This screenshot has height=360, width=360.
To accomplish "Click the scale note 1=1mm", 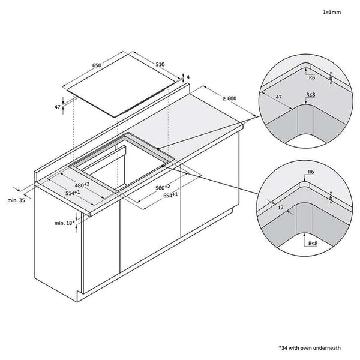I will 332,10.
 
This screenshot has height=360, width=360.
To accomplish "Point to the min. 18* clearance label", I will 63,223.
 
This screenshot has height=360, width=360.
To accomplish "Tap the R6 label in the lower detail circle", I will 310,172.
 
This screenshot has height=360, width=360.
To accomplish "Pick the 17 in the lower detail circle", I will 281,207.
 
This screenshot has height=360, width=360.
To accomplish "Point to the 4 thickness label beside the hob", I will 188,77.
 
